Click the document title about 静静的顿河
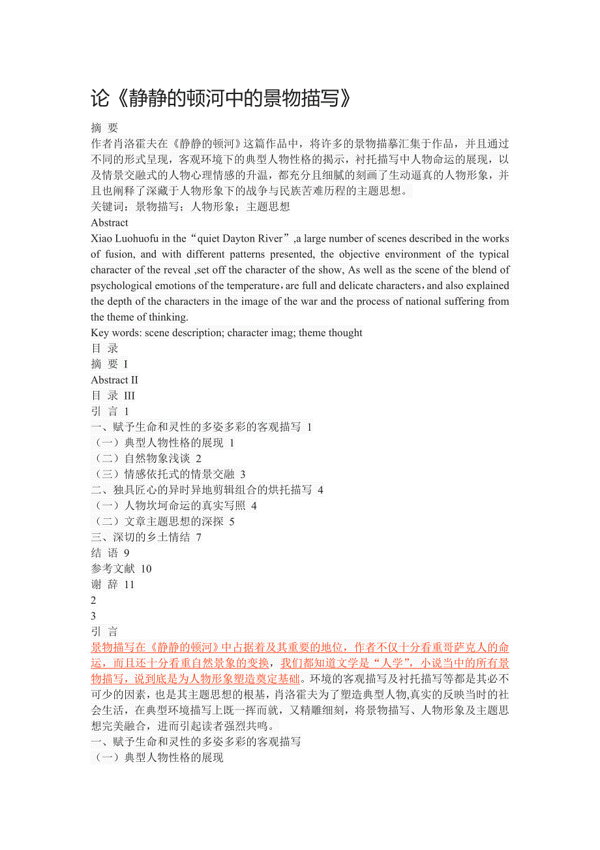coord(222,99)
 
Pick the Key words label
coord(116,333)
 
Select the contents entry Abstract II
coord(115,380)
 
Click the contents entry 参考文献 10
coord(121,569)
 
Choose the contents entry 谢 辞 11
coord(113,584)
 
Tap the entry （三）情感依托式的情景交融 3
coord(170,475)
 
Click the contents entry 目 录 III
coord(113,396)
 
